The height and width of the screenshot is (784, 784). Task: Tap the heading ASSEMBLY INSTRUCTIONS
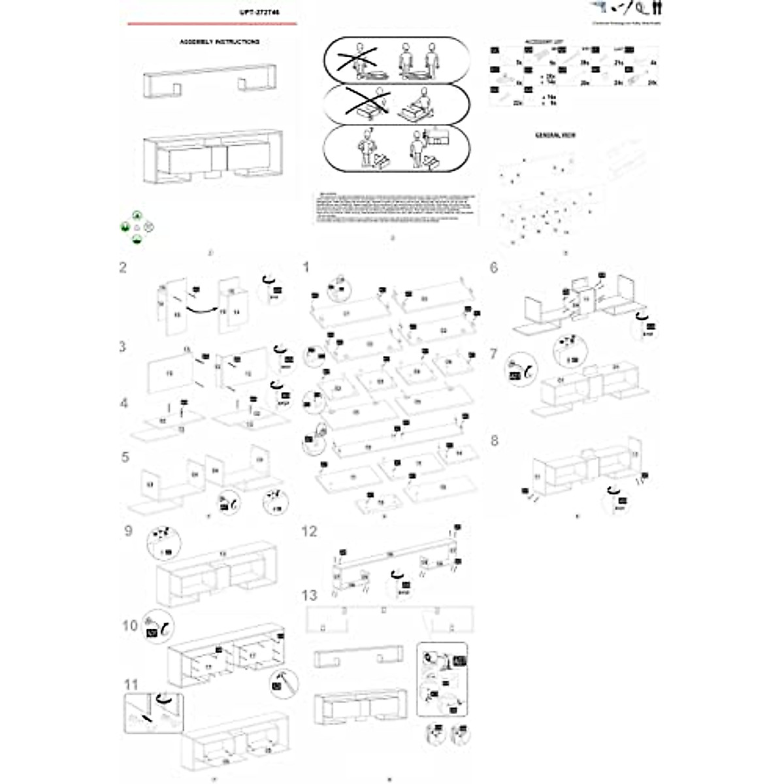click(220, 42)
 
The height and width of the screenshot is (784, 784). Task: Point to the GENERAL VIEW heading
click(555, 135)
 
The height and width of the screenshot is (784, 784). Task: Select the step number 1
click(305, 267)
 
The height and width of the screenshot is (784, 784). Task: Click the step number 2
click(122, 267)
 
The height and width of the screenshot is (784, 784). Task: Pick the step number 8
click(494, 440)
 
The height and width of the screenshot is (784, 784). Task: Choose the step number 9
click(128, 530)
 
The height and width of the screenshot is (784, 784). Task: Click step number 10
click(130, 625)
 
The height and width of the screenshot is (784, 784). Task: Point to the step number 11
click(131, 685)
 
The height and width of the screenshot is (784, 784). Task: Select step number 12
click(309, 531)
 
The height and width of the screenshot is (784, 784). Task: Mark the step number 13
click(309, 595)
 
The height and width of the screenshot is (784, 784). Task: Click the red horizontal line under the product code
click(212, 24)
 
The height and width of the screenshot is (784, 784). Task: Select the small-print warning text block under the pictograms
click(395, 208)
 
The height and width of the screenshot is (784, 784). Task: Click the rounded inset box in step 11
click(154, 713)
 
